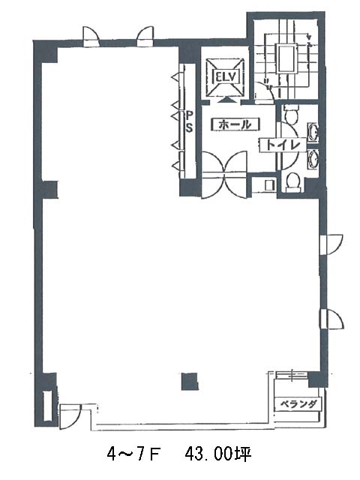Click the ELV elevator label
coord(226,77)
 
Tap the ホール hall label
coord(235,124)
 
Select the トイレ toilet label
coord(282,145)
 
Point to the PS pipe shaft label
coord(190,121)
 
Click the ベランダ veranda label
coord(298,404)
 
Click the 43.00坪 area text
coord(217,454)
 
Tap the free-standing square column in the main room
coord(190,382)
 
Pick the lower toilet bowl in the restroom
coord(293,182)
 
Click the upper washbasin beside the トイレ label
coord(313,133)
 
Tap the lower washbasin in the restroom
coord(313,159)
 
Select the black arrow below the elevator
coord(226,100)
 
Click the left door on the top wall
coord(91,37)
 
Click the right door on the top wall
coord(145,37)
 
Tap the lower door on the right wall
coord(331,319)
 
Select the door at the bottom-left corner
coord(70,416)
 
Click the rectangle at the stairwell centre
coord(286,58)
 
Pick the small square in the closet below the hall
coord(269,184)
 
